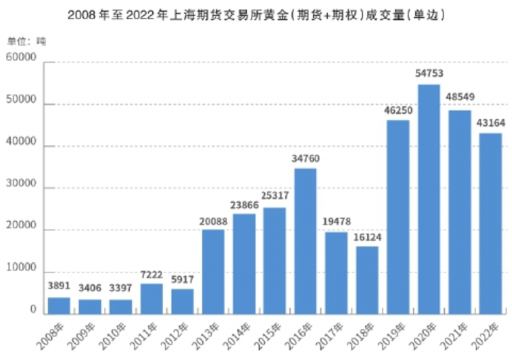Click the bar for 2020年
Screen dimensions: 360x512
tap(428, 199)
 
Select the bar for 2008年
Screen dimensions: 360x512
tap(59, 306)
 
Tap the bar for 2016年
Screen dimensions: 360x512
tap(305, 241)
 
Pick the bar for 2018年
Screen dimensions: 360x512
tap(367, 280)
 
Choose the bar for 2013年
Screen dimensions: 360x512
tap(213, 272)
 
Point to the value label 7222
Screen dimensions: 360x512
tap(152, 274)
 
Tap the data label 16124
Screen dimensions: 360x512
tap(367, 236)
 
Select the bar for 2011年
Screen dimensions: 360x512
tap(152, 299)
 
